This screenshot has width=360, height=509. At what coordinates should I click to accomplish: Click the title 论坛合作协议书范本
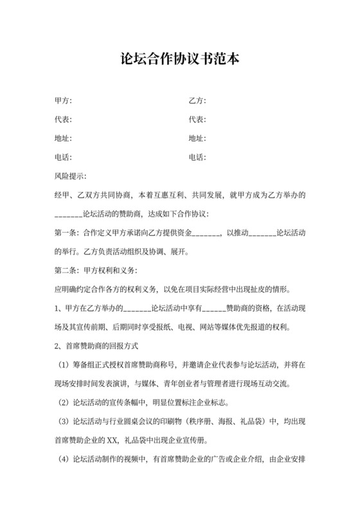pos(181,59)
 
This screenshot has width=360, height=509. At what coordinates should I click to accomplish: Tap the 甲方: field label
pos(63,101)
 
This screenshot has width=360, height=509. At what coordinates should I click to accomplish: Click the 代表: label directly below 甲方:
pos(63,120)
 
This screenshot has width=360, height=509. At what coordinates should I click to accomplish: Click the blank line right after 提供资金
pos(206,232)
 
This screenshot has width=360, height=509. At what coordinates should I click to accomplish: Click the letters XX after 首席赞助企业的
pos(113,441)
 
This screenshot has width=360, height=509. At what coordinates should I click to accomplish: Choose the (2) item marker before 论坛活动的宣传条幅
pos(63,403)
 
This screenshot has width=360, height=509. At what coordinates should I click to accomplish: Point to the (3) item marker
pos(63,422)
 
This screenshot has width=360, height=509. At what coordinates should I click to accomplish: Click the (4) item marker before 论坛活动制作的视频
pos(63,460)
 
